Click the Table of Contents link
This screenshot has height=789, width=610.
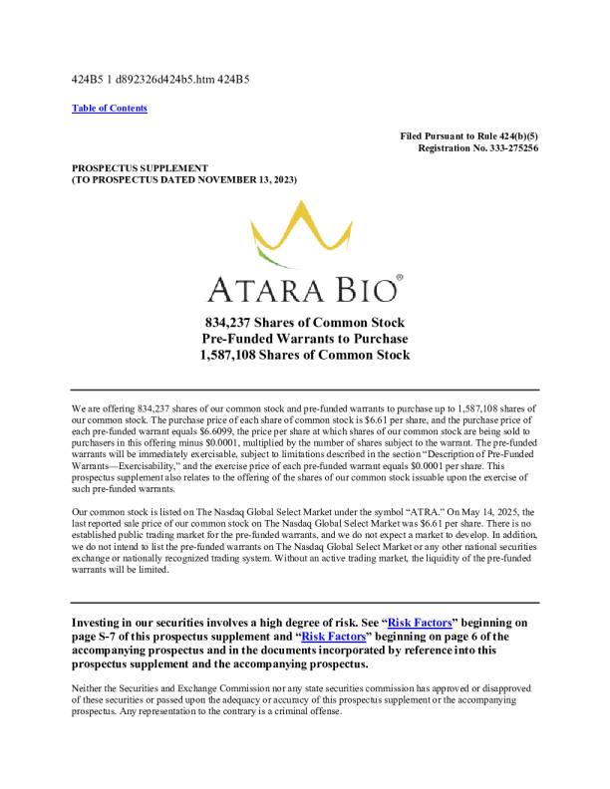[110, 108]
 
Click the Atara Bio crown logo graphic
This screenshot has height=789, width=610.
[303, 235]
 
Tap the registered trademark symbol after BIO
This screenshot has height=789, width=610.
[400, 279]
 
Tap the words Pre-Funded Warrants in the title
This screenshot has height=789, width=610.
[261, 339]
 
